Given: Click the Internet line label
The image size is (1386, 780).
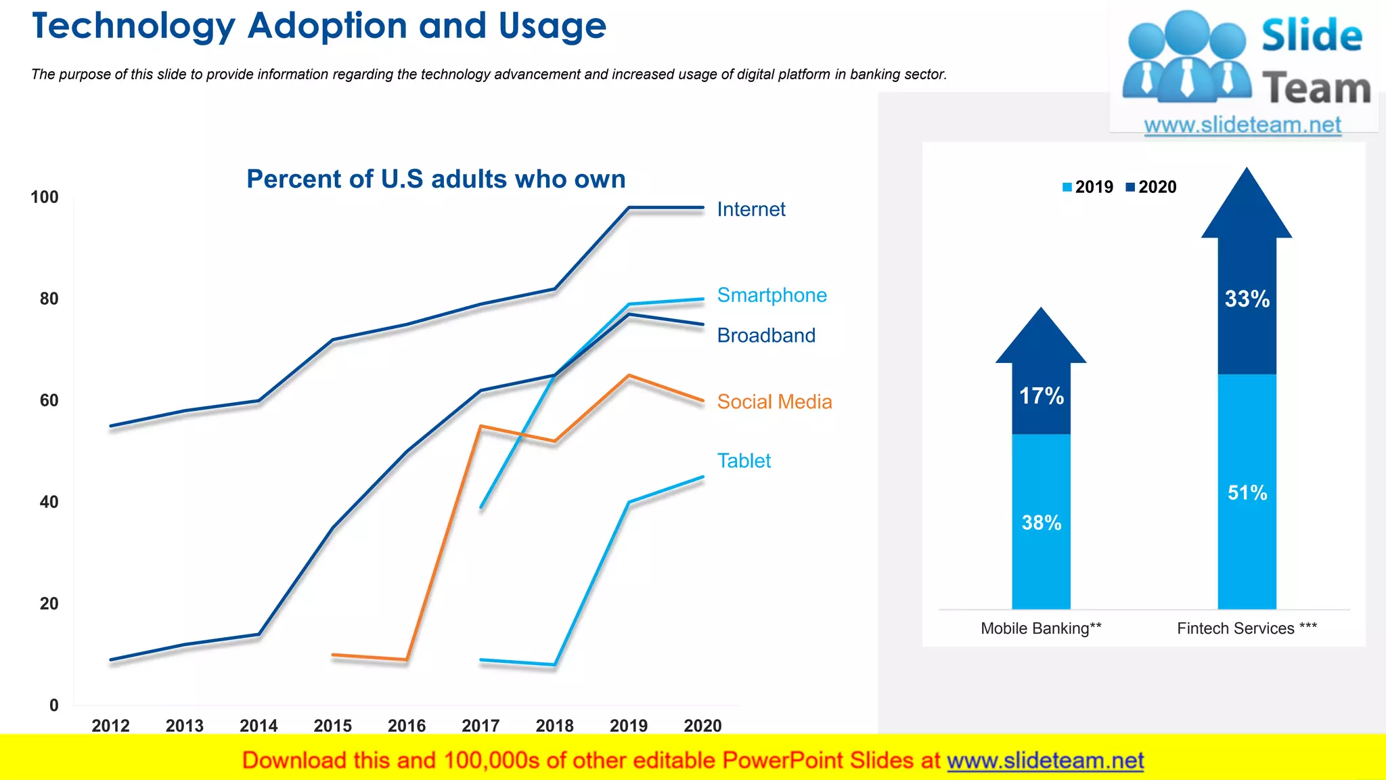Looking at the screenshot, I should point(751,209).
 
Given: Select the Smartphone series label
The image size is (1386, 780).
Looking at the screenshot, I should point(772,295).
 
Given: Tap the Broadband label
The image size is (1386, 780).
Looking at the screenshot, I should point(766,335).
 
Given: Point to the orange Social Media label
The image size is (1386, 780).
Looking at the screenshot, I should point(774,402).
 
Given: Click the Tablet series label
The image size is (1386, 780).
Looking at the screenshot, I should point(744,460).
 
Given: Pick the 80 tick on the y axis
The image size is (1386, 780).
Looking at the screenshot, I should point(49,299).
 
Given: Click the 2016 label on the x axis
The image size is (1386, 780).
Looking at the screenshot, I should point(407,726).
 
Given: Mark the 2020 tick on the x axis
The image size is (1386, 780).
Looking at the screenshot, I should point(702,726).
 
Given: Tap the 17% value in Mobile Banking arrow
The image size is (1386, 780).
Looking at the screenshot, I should point(1042,396).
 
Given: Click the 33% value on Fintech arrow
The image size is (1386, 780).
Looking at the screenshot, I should point(1247,299).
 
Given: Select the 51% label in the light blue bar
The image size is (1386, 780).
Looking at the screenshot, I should point(1247,492).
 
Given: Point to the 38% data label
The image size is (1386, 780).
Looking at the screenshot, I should point(1042,523).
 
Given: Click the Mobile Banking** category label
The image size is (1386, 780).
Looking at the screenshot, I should point(1041,628).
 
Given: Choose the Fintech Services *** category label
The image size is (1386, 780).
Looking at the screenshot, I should point(1247,628).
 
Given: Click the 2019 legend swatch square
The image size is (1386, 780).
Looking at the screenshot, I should point(1067,188).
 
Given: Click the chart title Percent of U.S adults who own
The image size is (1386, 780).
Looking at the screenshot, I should point(436,179).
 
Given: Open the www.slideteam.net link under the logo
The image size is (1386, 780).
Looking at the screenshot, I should point(1243,125).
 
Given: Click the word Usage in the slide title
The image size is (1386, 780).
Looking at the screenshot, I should point(552,26).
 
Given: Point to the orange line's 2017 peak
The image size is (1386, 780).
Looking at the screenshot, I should point(480,426).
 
